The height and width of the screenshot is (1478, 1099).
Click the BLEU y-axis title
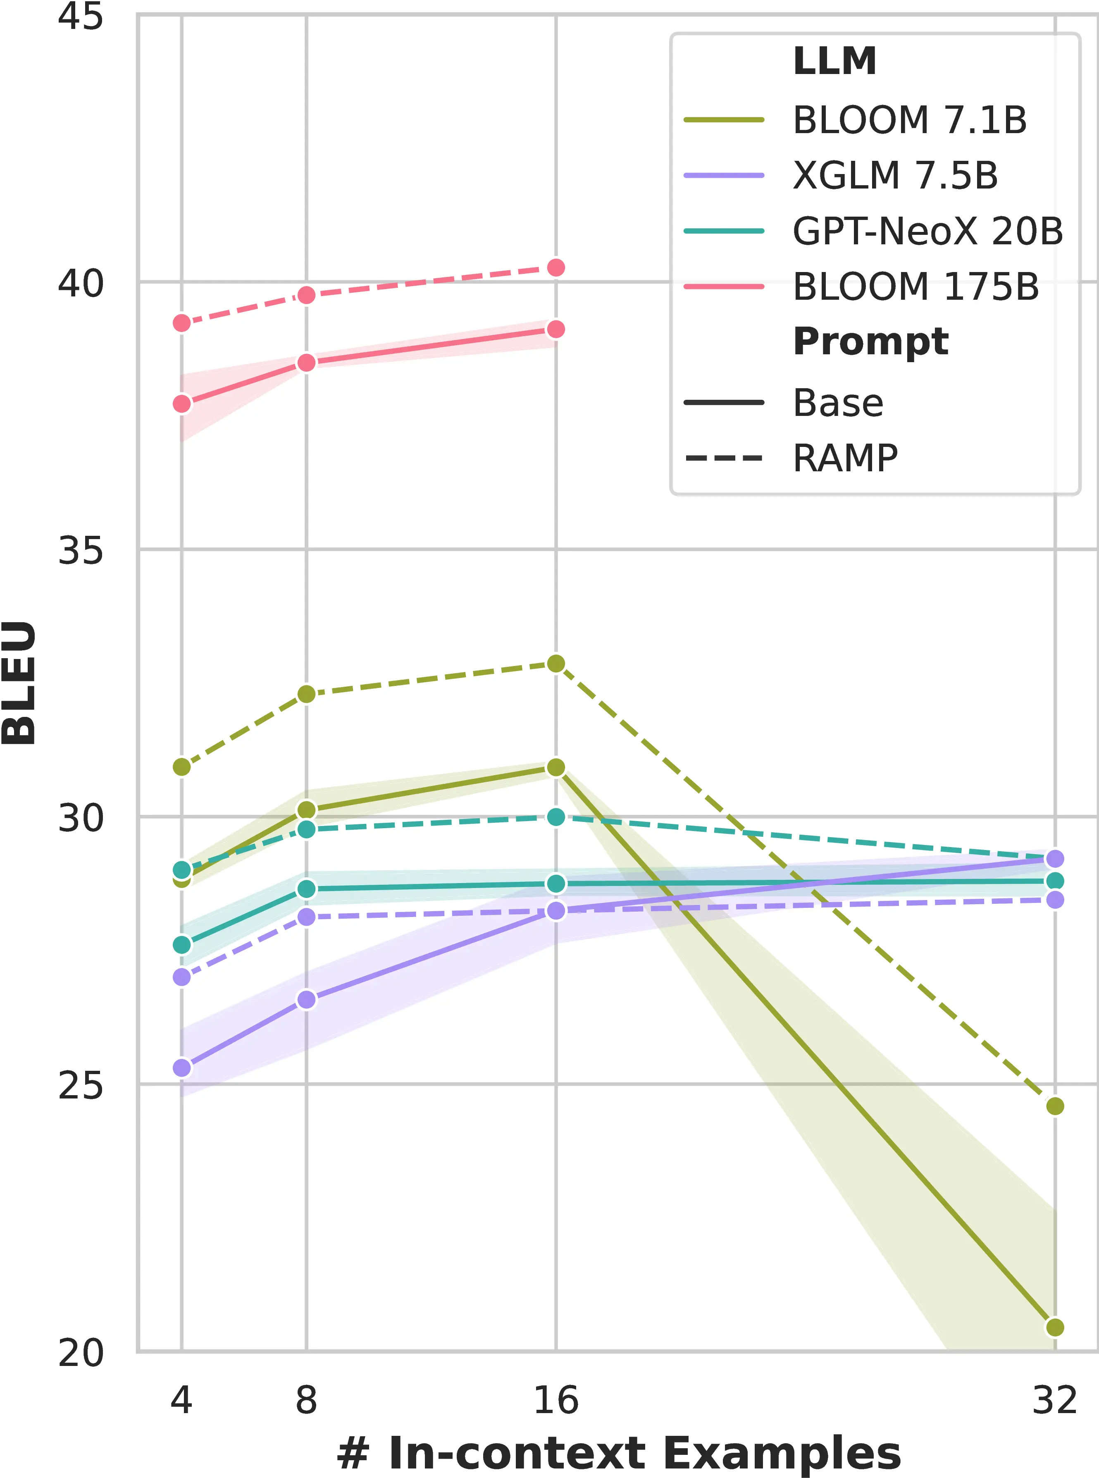(19, 683)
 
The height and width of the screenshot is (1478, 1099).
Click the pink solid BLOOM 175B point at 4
(181, 404)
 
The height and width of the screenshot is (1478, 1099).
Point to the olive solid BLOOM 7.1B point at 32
(1054, 1328)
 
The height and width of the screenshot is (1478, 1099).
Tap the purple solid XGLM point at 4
(181, 1068)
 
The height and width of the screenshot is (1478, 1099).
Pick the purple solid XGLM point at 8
(306, 1000)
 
